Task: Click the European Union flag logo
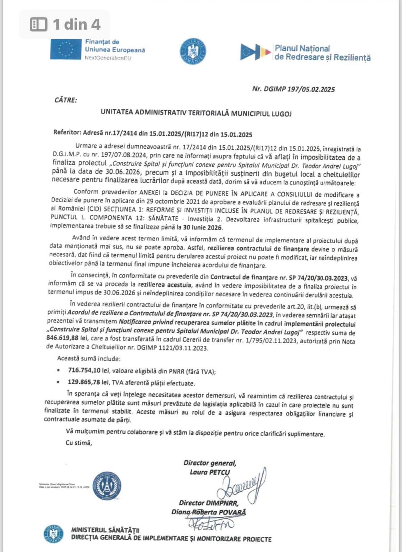point(66,50)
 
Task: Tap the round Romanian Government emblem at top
point(193,51)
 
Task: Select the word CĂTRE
point(66,100)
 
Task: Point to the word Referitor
point(67,132)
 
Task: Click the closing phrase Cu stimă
point(79,443)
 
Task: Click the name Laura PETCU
point(210,472)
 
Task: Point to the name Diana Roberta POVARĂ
point(209,512)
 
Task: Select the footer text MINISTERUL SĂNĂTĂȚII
point(105,530)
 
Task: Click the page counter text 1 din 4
point(76,24)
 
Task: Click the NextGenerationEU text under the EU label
point(108,58)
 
